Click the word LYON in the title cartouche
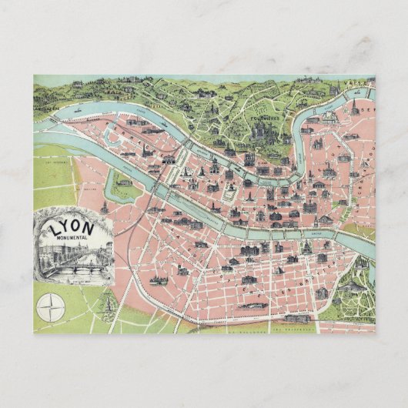[x=72, y=229]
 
